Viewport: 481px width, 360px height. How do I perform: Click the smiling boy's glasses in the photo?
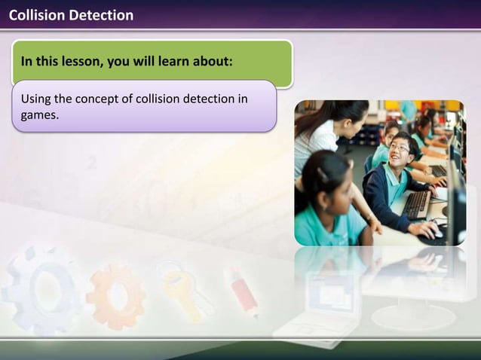point(400,148)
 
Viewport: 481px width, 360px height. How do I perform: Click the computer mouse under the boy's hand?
point(436,233)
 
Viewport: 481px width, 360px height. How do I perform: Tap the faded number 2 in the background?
point(92,163)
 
